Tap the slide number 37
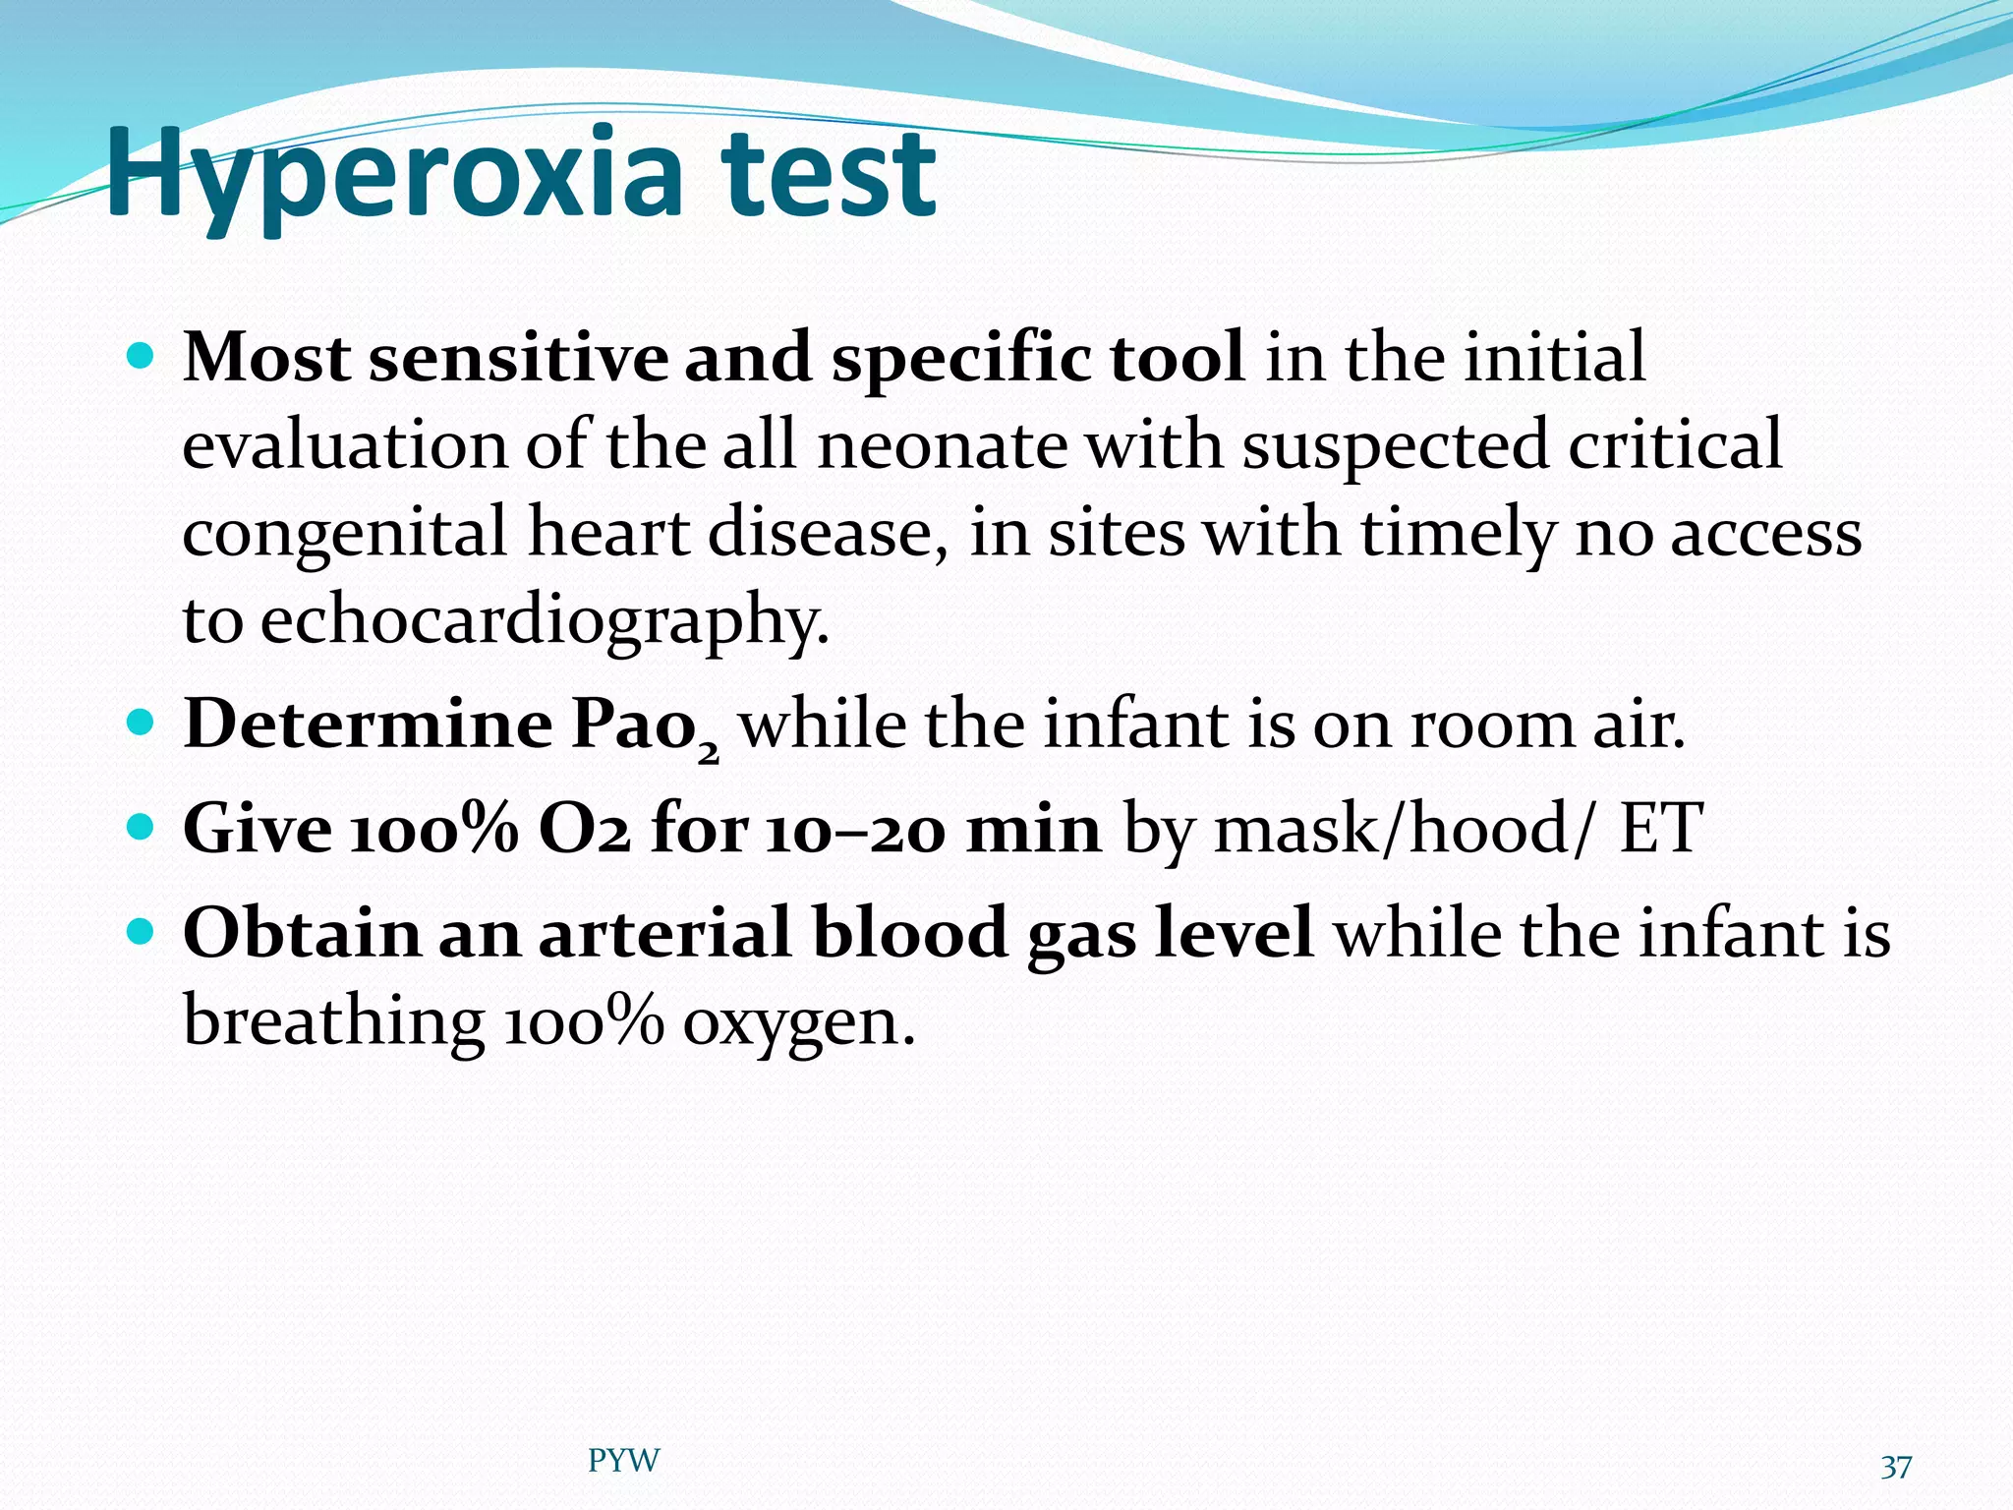[1895, 1467]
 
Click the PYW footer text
[623, 1460]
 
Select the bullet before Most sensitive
[142, 356]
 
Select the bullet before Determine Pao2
[142, 725]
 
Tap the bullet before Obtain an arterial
[142, 932]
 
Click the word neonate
[942, 445]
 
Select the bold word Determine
[369, 725]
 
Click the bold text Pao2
[644, 727]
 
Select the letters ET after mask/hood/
[1661, 829]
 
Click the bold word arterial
[664, 933]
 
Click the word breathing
[332, 1022]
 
